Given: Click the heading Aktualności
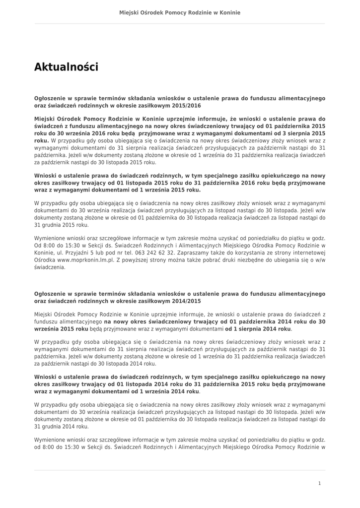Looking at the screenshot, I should coord(66,67).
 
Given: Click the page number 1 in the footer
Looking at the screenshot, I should coord(319,483).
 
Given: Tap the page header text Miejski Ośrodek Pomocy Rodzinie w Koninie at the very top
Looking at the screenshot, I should coord(180,12).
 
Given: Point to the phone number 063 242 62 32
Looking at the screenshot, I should coord(149,253).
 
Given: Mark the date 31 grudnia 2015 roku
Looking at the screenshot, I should coord(61,225).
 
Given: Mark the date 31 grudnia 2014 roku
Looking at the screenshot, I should coord(61,426).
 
